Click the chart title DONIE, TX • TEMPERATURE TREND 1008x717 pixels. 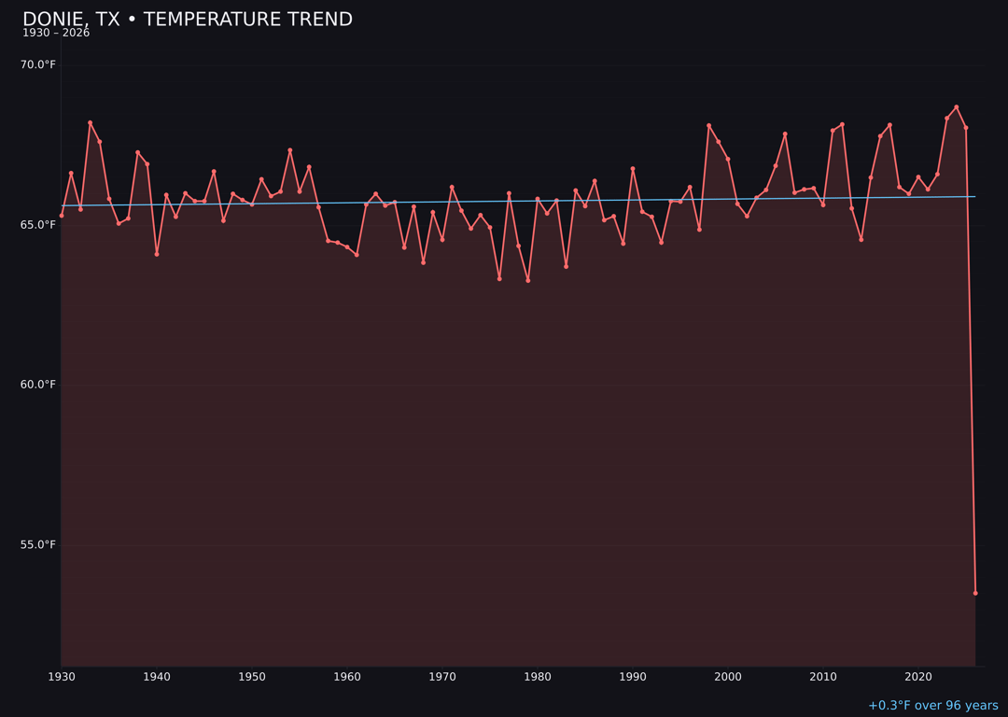(188, 20)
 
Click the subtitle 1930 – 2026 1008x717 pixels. (56, 34)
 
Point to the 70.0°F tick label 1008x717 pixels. (38, 64)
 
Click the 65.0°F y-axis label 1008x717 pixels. (38, 225)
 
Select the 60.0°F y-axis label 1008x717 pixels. (38, 385)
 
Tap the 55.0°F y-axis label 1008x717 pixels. (38, 545)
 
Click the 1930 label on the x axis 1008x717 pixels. (62, 677)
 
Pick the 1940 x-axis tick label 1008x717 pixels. (157, 677)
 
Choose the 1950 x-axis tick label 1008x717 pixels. (252, 677)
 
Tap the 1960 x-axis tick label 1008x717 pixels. (347, 677)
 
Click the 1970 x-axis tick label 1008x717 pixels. (442, 677)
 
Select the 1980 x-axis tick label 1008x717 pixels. (538, 677)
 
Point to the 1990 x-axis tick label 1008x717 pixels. (633, 677)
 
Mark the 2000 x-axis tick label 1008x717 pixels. (728, 677)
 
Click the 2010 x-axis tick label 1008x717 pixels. (823, 677)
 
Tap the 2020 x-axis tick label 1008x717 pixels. (918, 677)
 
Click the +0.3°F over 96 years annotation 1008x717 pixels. (932, 706)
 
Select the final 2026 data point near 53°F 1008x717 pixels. (975, 593)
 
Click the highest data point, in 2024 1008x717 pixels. (957, 107)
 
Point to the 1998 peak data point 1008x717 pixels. (708, 125)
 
